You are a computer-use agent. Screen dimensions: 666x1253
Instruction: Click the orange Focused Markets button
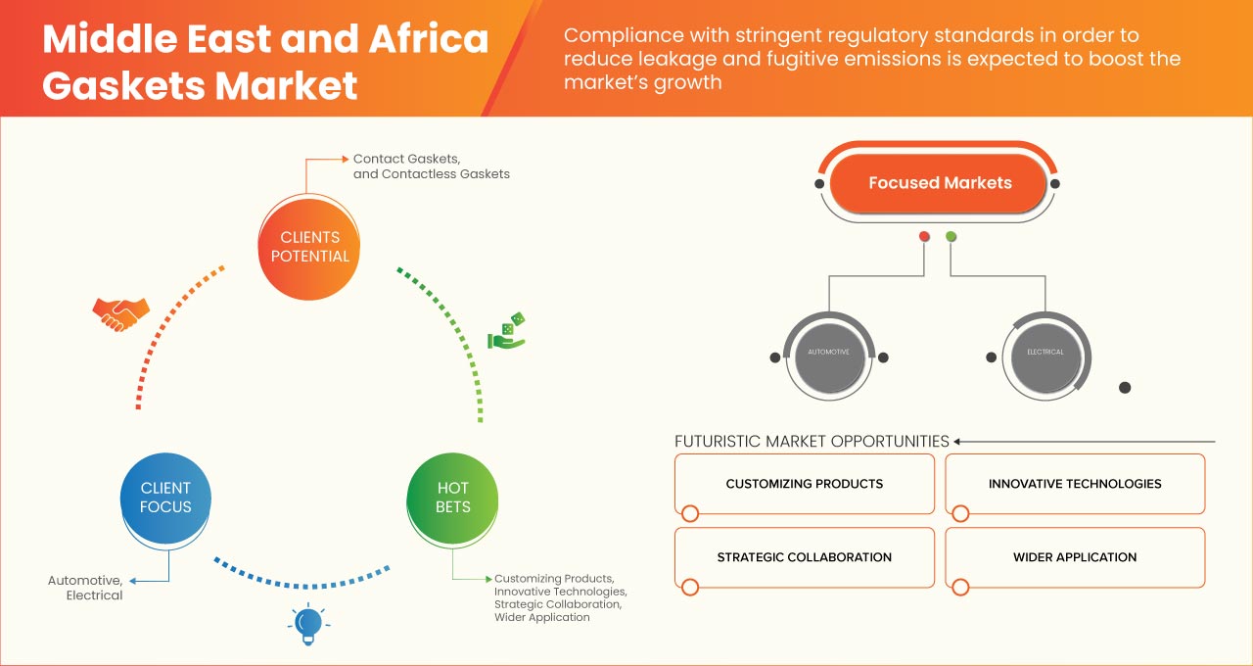pyautogui.click(x=939, y=183)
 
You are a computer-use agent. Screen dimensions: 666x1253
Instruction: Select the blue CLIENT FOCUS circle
pyautogui.click(x=165, y=498)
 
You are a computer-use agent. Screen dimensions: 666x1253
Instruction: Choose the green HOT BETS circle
pyautogui.click(x=453, y=498)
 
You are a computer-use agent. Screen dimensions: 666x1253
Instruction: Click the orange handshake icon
pyautogui.click(x=120, y=313)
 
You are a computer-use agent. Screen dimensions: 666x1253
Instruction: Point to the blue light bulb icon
pyautogui.click(x=308, y=623)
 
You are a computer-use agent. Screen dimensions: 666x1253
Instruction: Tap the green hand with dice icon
pyautogui.click(x=507, y=332)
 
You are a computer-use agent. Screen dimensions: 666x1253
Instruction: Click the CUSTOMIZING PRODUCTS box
pyautogui.click(x=805, y=484)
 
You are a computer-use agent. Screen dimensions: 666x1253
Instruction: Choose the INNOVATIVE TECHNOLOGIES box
pyautogui.click(x=1075, y=484)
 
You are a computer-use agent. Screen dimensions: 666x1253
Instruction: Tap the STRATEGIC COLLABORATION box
pyautogui.click(x=805, y=557)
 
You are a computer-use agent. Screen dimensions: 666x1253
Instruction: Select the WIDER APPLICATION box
pyautogui.click(x=1075, y=557)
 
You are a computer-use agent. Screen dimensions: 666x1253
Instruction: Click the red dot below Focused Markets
pyautogui.click(x=924, y=237)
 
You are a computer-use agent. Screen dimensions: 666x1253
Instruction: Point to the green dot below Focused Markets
pyautogui.click(x=951, y=237)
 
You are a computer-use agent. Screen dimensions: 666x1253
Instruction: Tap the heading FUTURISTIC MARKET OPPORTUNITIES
pyautogui.click(x=812, y=441)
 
